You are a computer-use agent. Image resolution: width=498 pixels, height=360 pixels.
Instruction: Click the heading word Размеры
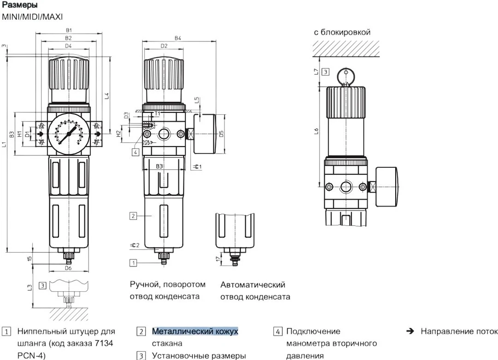coord(19,5)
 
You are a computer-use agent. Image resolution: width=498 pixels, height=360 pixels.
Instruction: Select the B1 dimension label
coord(68,30)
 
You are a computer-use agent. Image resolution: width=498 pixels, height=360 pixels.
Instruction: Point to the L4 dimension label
coord(106,96)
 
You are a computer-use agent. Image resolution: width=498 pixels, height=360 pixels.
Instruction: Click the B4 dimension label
coord(178,38)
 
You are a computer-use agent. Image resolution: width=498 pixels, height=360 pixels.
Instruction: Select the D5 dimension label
coord(221,134)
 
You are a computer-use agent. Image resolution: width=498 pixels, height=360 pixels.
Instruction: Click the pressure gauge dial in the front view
coord(68,134)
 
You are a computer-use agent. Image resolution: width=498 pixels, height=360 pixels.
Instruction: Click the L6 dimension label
coord(316,131)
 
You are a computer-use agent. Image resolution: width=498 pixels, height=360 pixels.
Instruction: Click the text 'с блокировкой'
coord(342,32)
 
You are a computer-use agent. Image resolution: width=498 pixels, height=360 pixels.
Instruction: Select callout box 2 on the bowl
coord(133,216)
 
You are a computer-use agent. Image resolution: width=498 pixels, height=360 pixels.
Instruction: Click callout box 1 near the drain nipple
coord(133,263)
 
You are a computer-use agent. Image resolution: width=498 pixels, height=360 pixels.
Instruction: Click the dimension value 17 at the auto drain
coord(219,260)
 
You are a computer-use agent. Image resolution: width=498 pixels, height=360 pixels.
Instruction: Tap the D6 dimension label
coord(68,268)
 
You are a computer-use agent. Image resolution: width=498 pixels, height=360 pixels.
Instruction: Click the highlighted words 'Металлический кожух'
coord(195,331)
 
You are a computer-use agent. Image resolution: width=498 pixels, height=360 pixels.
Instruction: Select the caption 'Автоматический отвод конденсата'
coord(255,290)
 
